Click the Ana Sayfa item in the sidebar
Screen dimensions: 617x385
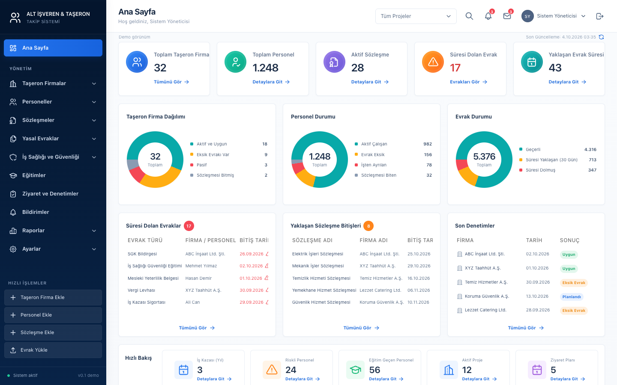coord(53,48)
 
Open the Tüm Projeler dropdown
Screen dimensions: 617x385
coord(416,16)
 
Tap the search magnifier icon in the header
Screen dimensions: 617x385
coord(469,16)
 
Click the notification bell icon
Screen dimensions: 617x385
coord(488,16)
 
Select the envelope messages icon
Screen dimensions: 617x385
coord(507,16)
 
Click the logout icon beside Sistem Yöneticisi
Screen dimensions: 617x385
coord(600,16)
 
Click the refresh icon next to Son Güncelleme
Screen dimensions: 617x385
coord(601,37)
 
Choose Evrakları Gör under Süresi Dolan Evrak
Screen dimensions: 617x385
coord(469,82)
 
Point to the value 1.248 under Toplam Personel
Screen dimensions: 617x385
coord(265,68)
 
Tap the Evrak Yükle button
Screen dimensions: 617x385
coord(53,350)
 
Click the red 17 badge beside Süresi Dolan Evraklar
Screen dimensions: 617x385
coord(189,226)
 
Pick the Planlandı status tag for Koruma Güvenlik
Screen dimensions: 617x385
coord(572,297)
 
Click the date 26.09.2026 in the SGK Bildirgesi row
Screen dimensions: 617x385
coord(251,254)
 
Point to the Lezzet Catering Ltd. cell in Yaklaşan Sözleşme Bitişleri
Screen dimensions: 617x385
coord(380,290)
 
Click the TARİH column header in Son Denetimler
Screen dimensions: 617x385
coord(534,240)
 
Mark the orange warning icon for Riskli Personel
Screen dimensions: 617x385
coord(272,370)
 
